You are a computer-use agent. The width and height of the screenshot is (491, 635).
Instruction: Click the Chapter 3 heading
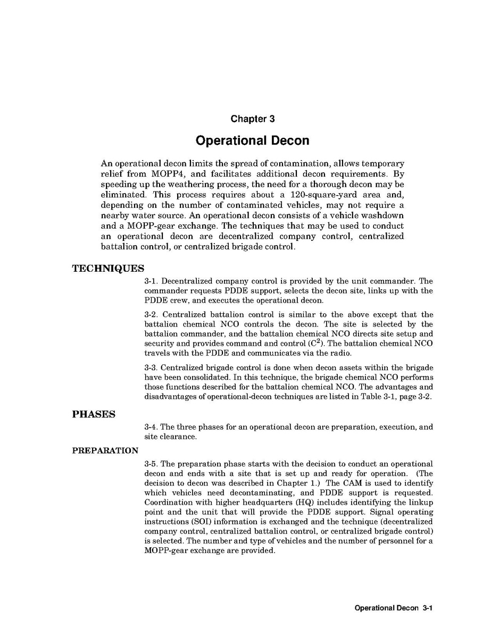[252, 119]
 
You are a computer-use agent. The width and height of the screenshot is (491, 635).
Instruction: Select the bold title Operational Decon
[252, 141]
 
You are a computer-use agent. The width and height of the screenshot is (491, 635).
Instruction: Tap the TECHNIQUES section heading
[108, 269]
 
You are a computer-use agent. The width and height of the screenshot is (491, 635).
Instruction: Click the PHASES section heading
[94, 414]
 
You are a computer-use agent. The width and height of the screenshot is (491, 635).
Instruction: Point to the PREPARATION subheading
[105, 451]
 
